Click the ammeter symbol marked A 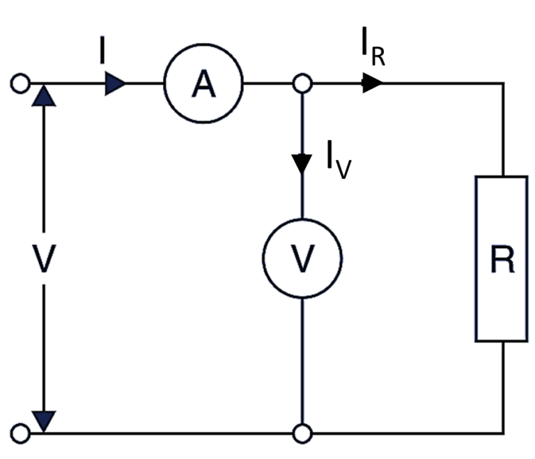point(203,84)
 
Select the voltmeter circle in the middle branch point(302,259)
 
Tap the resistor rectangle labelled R point(502,259)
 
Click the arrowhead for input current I point(116,84)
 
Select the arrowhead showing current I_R point(373,84)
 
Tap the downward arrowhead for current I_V point(302,164)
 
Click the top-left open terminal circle point(20,84)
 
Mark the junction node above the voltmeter point(302,84)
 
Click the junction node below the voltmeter point(302,433)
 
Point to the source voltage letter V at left point(43,259)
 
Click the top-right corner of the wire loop point(502,84)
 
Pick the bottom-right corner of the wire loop point(502,433)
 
